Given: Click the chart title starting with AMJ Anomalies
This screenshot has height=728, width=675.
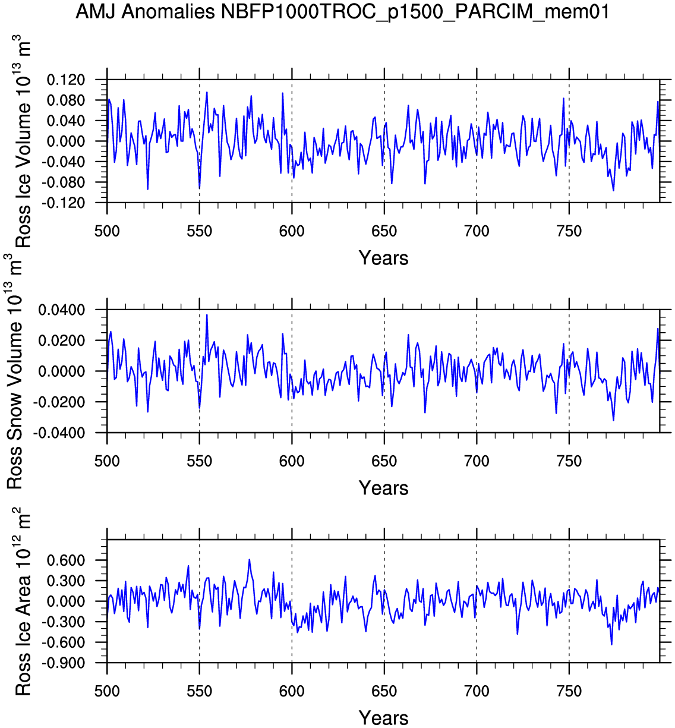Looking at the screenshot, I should coord(342,11).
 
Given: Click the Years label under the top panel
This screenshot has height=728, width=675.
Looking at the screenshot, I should coord(383,258).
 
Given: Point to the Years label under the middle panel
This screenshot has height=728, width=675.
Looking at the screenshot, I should coord(383,488).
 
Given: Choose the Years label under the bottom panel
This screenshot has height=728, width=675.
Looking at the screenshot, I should coord(383,717).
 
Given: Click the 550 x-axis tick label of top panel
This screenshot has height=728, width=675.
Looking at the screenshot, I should coord(199,231).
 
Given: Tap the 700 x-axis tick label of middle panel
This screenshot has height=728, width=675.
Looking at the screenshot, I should coord(477,461).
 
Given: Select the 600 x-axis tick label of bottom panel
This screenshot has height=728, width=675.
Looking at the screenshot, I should coord(292,691).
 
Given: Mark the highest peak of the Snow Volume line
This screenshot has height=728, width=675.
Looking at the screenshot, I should coord(207,314).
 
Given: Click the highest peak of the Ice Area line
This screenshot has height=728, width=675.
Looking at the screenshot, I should coord(250,559).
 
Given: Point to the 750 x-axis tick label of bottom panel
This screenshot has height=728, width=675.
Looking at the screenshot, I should coord(569,691).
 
